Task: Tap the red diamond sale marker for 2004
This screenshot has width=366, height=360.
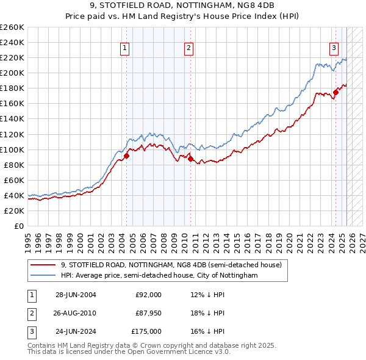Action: point(127,156)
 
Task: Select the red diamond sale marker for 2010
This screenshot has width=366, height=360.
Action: point(190,159)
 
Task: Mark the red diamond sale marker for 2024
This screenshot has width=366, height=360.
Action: point(335,92)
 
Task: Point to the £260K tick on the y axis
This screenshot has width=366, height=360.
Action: point(12,27)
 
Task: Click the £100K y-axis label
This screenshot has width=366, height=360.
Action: point(12,149)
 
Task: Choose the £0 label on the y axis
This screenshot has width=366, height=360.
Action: point(19,226)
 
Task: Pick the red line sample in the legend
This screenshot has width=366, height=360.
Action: point(43,265)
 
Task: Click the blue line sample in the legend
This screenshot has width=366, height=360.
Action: point(43,275)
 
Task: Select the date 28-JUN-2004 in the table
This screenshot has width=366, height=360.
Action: point(76,295)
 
